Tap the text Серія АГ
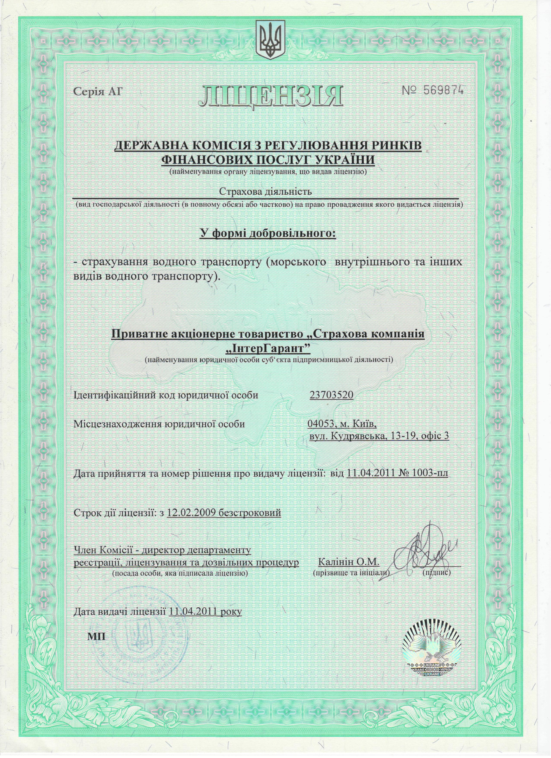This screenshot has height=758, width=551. coord(98,91)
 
